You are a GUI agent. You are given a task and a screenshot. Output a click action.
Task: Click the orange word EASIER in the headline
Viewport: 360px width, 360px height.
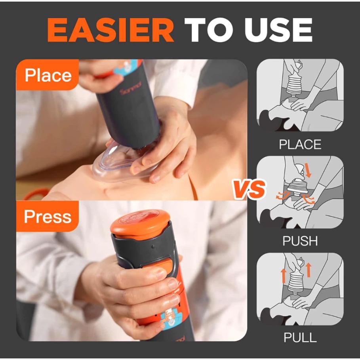(110, 30)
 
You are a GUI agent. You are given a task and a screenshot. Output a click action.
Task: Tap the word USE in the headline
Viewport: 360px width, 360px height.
(278, 30)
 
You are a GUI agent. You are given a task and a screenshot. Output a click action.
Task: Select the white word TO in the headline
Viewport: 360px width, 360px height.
(209, 30)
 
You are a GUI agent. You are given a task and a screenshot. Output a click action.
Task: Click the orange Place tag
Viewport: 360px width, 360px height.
(48, 75)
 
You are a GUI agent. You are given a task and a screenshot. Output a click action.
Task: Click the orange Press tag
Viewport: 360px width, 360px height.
(48, 216)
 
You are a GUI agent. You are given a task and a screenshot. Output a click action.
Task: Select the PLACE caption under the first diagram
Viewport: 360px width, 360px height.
(300, 145)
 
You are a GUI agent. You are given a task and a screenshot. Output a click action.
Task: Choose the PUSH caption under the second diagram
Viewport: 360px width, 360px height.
(300, 241)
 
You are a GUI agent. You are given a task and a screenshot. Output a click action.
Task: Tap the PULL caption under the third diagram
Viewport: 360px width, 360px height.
(300, 337)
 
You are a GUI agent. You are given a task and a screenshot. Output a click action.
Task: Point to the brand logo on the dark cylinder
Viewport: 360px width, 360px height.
(130, 88)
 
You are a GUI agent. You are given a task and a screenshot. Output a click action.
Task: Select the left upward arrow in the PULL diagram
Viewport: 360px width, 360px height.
(283, 276)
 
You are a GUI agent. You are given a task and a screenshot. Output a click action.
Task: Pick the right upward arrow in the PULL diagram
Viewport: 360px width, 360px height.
(309, 270)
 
